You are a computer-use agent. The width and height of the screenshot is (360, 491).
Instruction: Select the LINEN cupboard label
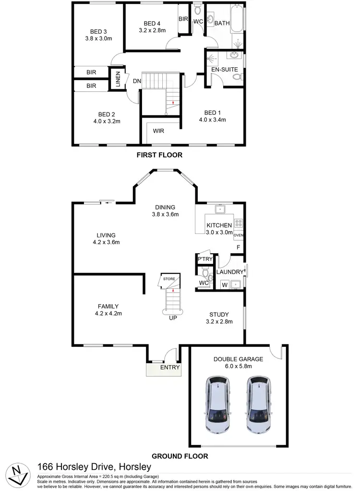118,79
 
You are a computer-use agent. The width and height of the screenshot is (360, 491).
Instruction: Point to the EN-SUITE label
225,70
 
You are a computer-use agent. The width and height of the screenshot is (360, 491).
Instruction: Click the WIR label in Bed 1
159,131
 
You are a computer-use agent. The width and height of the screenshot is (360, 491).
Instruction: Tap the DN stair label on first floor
137,81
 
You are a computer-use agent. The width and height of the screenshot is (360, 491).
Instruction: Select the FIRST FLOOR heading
159,155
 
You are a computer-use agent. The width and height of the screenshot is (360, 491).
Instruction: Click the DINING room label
165,208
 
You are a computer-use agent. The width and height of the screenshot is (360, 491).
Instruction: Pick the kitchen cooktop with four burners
238,223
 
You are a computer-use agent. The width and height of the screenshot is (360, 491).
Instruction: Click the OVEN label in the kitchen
239,235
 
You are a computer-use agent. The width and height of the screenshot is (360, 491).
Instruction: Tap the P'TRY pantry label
205,259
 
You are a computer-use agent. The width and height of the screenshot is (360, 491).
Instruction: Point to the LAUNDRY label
230,272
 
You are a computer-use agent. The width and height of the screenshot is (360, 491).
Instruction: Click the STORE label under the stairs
169,279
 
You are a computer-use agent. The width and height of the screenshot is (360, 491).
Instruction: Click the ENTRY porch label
170,368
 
